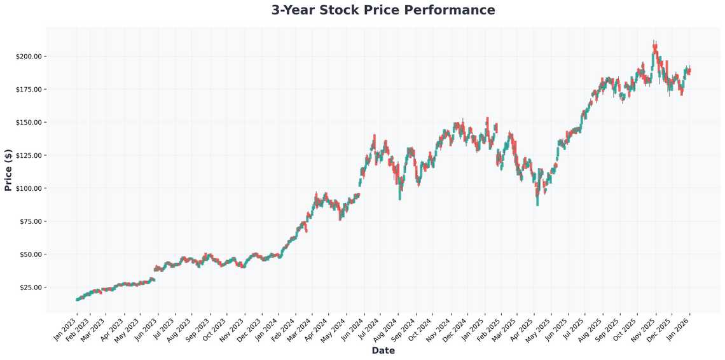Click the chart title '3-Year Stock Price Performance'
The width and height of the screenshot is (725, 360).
[383, 10]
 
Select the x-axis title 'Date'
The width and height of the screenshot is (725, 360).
[383, 350]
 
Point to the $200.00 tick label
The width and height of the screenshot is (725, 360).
[29, 57]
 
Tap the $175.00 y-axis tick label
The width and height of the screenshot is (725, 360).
[29, 89]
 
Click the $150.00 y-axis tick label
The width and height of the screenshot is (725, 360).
[29, 122]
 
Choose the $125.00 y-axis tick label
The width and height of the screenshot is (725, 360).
[29, 155]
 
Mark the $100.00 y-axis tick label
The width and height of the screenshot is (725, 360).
[29, 188]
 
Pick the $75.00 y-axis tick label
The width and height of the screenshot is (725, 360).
[31, 221]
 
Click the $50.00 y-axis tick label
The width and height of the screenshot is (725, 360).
[31, 254]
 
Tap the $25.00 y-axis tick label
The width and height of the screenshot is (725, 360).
[31, 287]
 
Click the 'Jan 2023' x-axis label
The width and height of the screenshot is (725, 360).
[66, 329]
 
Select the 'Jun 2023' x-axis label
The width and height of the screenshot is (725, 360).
[146, 329]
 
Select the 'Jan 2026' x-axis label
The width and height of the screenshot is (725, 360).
[679, 329]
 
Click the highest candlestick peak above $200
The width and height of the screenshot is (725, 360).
[654, 42]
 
